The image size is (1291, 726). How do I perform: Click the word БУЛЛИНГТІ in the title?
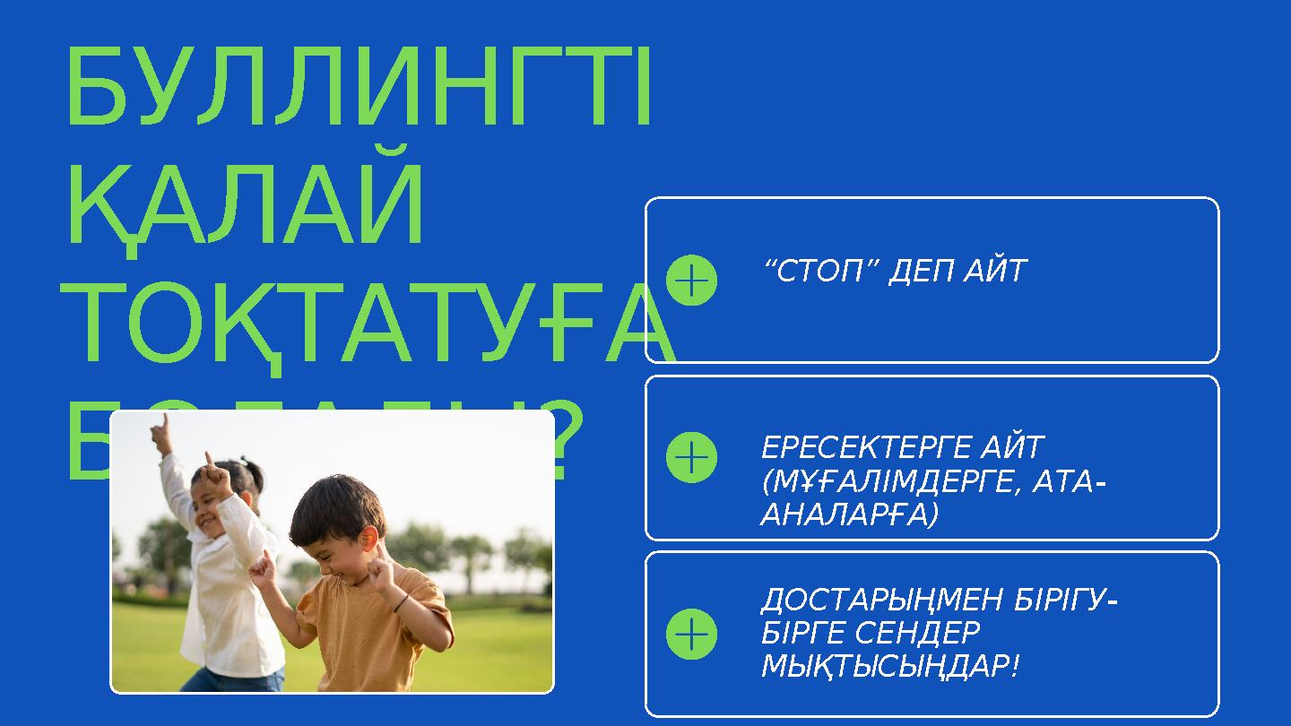tap(359, 90)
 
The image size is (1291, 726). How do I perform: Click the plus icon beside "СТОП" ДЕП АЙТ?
tap(691, 281)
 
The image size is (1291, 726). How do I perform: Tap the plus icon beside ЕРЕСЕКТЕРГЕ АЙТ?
tap(691, 457)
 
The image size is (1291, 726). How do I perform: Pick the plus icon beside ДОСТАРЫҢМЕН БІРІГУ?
tap(691, 634)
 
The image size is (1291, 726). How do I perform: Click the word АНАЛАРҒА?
tap(848, 515)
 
